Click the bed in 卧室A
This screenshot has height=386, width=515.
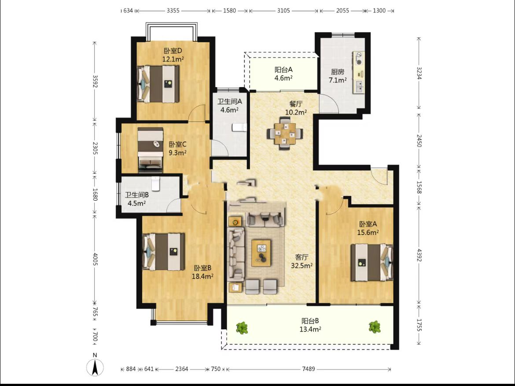372,262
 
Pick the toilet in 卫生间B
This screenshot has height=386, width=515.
155,184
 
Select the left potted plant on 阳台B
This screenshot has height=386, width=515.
242,328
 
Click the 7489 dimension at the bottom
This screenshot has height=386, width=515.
309,369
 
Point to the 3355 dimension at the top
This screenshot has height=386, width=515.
173,11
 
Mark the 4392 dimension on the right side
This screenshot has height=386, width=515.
419,255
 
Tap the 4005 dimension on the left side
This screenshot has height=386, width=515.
95,259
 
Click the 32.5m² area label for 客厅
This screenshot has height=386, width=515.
302,265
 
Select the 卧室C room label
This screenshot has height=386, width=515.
178,144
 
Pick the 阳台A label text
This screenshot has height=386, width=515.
283,70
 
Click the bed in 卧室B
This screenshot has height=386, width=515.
163,252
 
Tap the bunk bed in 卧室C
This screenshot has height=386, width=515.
151,150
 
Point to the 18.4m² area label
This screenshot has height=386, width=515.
202,276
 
